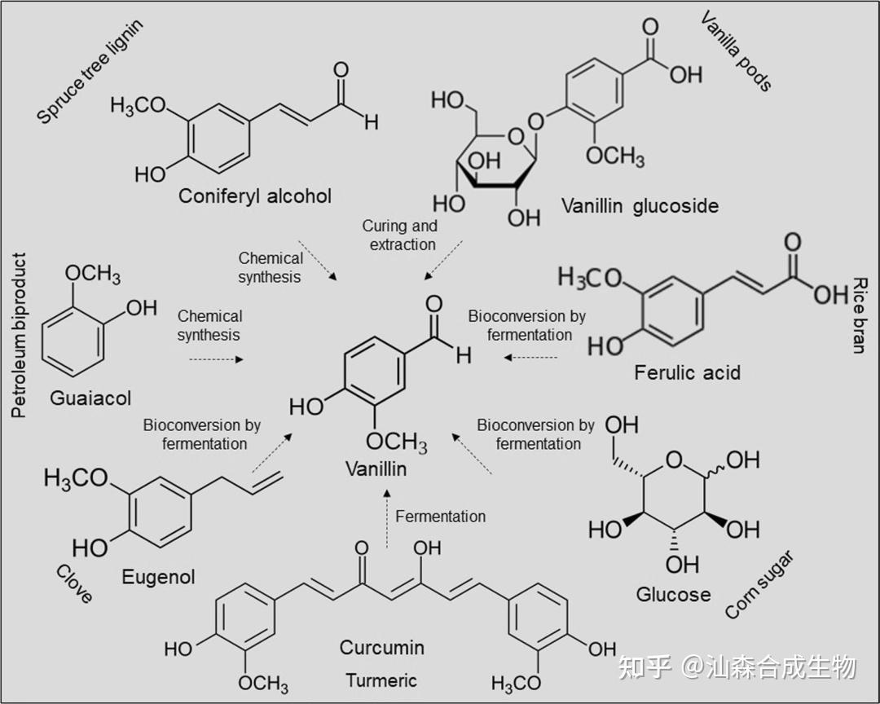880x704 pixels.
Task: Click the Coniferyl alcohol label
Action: pos(255,196)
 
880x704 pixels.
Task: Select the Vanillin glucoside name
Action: pos(640,205)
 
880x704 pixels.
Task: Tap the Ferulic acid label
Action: pos(687,373)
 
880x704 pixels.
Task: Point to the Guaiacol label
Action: pos(90,398)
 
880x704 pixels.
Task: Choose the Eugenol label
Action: pos(158,577)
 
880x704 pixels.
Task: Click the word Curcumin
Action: pos(382,648)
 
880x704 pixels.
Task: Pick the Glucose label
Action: pos(673,594)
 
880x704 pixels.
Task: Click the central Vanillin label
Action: pos(376,469)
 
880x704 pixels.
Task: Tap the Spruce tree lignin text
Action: pos(90,73)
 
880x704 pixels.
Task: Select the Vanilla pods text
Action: pos(736,51)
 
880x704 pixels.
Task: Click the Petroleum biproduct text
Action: pos(20,335)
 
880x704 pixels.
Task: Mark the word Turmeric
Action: pos(381,680)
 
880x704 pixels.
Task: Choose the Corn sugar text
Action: pos(758,584)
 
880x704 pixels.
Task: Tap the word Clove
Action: pos(73,583)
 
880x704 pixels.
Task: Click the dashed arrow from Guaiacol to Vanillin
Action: pos(216,359)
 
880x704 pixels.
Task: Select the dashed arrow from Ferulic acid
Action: pos(530,357)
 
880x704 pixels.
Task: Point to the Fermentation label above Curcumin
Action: pos(440,516)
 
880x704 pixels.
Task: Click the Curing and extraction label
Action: pos(399,235)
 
